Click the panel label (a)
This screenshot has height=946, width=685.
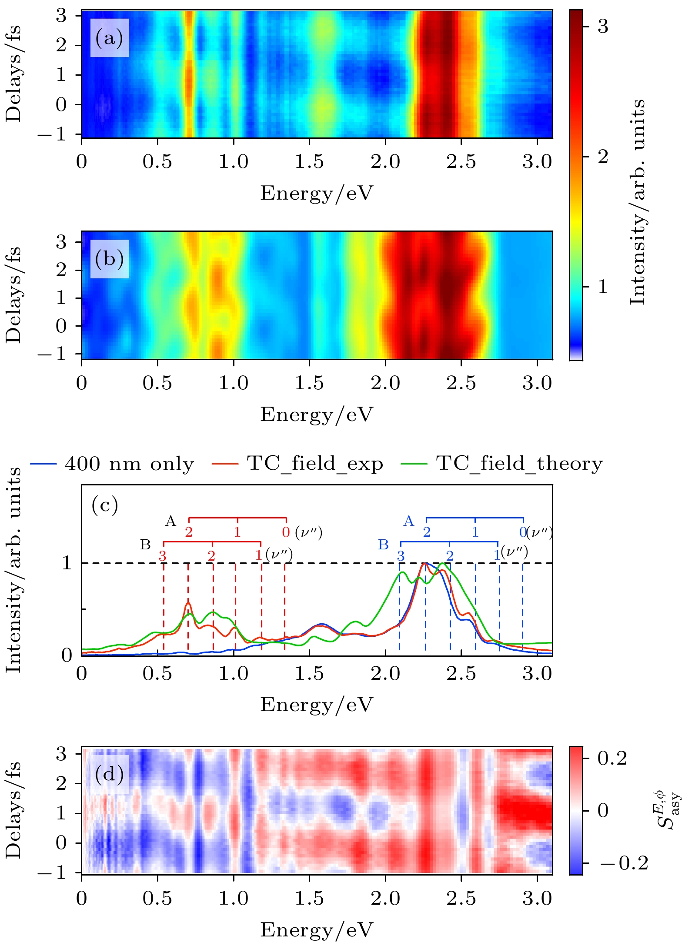[109, 38]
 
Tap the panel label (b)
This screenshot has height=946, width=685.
[109, 259]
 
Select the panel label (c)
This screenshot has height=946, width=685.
[105, 505]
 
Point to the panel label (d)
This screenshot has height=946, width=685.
[109, 775]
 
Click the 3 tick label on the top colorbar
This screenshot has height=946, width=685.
[603, 27]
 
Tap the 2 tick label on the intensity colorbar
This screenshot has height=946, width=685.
[603, 157]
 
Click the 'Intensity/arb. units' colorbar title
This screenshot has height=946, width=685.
[638, 202]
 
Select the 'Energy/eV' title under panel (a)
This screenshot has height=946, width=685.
[317, 193]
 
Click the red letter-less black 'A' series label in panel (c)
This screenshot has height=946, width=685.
[170, 521]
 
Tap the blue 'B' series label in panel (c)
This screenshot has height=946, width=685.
[383, 545]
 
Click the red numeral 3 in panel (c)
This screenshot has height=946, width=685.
[162, 556]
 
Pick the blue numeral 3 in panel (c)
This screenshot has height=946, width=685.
[401, 556]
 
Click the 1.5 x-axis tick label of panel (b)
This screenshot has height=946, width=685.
[309, 384]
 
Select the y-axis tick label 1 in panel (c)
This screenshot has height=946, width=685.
[67, 563]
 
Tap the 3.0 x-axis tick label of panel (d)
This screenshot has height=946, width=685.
[537, 899]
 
